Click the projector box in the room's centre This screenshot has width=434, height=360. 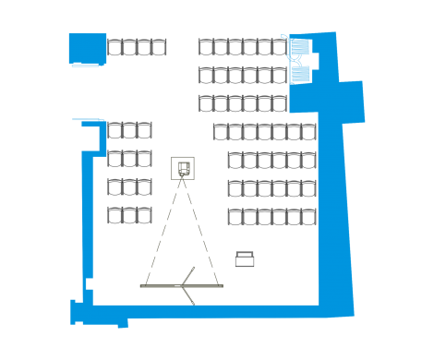click(183, 168)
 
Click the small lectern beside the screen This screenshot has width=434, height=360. click(245, 259)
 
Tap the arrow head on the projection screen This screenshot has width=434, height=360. click(187, 285)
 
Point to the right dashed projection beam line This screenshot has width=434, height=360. click(202, 231)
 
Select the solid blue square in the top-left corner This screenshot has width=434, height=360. click(88, 48)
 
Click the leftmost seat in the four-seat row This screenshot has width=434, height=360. click(115, 47)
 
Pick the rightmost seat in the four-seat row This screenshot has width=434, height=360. click(160, 47)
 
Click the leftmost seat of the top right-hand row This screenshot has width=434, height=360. click(206, 47)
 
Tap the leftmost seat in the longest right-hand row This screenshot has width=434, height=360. click(221, 132)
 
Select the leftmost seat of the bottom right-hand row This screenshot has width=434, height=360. click(235, 217)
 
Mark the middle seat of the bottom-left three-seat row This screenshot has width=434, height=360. click(129, 216)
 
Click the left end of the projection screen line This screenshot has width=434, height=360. click(142, 286)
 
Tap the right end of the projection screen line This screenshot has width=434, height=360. click(221, 286)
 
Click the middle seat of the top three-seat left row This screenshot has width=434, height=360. click(129, 131)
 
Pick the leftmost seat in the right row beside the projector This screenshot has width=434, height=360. click(235, 161)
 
